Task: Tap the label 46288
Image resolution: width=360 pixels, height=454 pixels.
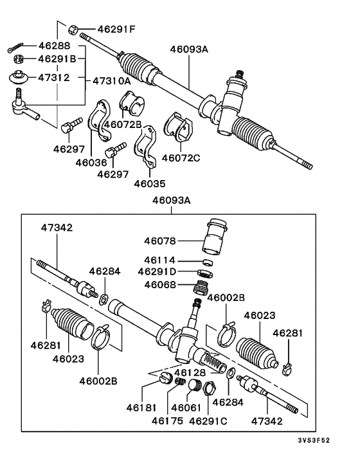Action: tap(54, 46)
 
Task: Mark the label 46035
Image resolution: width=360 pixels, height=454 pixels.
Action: tap(150, 183)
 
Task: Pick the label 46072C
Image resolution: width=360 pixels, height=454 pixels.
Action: tap(181, 158)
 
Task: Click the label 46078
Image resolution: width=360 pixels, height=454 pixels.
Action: tap(159, 241)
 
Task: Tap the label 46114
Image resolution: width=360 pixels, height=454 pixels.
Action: tap(159, 260)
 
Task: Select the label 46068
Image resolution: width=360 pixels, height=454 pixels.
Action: tap(159, 284)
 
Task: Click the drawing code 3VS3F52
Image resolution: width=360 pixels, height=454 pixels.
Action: tap(332, 442)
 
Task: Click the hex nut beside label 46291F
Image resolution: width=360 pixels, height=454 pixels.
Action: tap(73, 29)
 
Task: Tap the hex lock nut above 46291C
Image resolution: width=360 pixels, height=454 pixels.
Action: tap(208, 388)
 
